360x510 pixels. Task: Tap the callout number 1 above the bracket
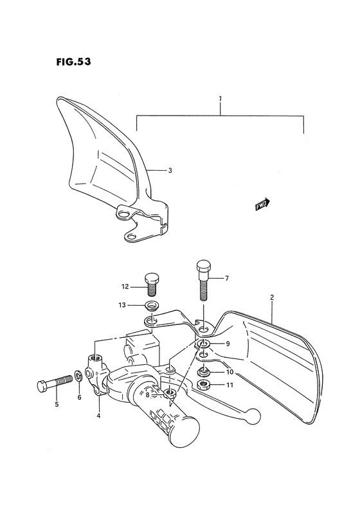tap(220, 99)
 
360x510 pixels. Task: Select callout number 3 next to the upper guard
tap(170, 171)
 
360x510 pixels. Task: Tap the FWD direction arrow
tap(262, 205)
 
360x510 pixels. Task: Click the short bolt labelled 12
tap(153, 283)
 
